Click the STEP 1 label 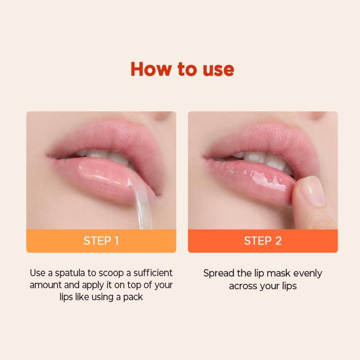click(x=101, y=241)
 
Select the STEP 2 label click(x=263, y=241)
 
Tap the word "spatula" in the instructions click(x=70, y=273)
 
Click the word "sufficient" click(x=153, y=273)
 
